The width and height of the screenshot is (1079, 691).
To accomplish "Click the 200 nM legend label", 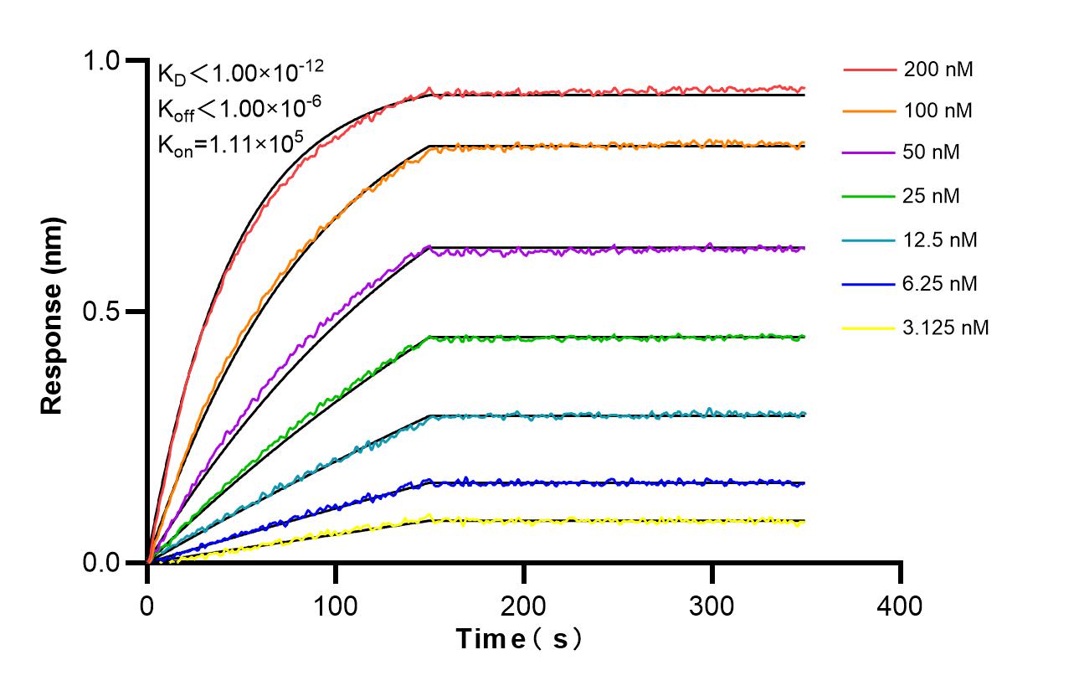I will coord(938,70).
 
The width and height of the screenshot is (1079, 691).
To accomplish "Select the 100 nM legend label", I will coord(938,111).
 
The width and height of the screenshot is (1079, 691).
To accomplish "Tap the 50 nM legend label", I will coord(932,153).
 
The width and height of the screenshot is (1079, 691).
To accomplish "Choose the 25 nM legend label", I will coord(932,197).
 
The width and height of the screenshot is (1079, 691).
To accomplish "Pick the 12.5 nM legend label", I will coord(940,240).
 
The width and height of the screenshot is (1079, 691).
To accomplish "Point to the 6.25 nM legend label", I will coord(940,284).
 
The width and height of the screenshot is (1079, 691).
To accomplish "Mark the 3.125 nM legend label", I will coord(946,327).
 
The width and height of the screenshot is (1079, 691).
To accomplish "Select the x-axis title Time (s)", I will coord(518,639).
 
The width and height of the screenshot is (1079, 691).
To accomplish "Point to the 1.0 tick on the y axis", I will coord(102,61).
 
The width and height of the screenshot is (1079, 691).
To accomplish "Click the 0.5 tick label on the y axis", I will coord(102,312).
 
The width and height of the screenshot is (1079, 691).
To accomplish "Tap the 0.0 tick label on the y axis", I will coord(102,563).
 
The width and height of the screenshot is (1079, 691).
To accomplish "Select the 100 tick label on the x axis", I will coord(336,606).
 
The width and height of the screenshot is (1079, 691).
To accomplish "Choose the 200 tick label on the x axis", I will coord(524,606).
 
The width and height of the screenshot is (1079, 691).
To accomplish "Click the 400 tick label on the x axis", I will coord(901,606).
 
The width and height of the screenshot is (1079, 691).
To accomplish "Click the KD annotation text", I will coord(235,74).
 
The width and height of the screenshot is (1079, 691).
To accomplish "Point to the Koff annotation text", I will coord(235,107).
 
